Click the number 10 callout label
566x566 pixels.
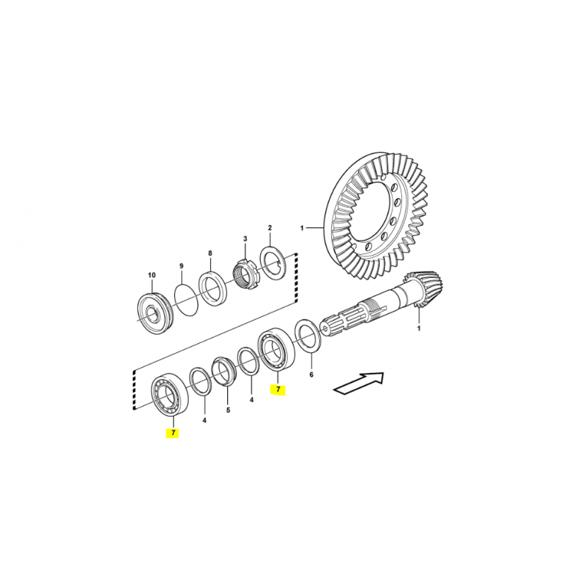tap(151, 275)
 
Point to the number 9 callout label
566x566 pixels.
tap(182, 266)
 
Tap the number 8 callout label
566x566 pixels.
tap(210, 253)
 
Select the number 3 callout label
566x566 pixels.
tap(245, 238)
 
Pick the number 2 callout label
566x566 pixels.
tap(270, 228)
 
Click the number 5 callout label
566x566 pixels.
tap(228, 410)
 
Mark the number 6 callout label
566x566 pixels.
tap(311, 375)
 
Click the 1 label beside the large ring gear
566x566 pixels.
tap(302, 228)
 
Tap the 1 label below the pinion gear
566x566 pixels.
tap(419, 329)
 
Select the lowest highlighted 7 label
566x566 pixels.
tap(173, 433)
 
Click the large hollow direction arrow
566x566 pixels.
tap(358, 383)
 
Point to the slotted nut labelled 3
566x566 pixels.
tap(245, 274)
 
